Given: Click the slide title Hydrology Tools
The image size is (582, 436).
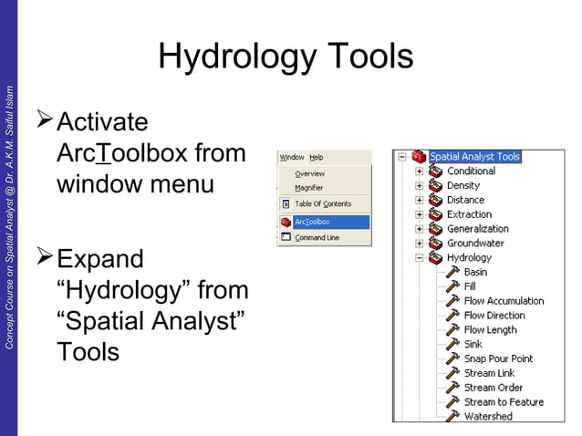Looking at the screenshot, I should (x=286, y=57).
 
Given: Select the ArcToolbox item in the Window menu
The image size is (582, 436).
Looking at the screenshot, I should (x=312, y=222).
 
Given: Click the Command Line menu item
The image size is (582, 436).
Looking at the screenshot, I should (x=317, y=238).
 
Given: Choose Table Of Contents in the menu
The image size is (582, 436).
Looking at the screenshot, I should (x=322, y=204).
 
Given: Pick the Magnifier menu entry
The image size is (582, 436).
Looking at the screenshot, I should (x=308, y=188).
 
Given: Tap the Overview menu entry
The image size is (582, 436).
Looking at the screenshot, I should (x=309, y=173).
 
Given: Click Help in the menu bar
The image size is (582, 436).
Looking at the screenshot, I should (x=316, y=157).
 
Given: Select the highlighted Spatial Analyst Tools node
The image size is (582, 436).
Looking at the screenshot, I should (x=474, y=156).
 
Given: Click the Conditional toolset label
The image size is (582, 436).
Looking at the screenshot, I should (x=471, y=171).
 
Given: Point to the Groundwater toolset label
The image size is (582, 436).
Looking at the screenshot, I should (x=475, y=244).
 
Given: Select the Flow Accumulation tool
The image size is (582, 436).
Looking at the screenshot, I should (x=504, y=301).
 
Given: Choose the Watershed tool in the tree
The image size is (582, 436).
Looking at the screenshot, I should (x=488, y=416).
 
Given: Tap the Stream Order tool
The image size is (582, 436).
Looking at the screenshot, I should (x=493, y=388).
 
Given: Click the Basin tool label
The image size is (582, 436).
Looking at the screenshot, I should (x=475, y=272).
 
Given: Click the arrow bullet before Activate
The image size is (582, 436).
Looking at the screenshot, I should (x=44, y=121).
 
